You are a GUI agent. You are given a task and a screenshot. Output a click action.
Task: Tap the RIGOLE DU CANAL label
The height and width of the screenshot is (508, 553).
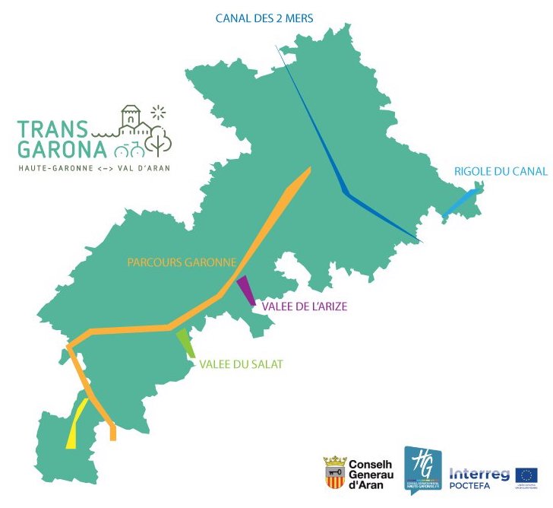click(x=500, y=171)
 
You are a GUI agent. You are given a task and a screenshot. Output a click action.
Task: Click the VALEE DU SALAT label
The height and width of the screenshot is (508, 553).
click(x=241, y=364)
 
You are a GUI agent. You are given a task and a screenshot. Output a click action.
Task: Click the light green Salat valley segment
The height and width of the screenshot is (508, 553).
click(x=185, y=343)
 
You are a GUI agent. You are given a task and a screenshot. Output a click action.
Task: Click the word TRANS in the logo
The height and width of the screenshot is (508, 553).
click(x=53, y=128)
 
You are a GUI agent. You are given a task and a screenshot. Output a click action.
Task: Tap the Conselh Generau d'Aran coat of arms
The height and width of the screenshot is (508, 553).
click(x=335, y=472)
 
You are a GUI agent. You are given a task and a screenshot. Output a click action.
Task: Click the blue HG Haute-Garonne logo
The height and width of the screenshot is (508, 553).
click(x=422, y=468)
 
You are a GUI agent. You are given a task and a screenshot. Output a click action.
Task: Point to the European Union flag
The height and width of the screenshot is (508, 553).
click(x=526, y=475)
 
